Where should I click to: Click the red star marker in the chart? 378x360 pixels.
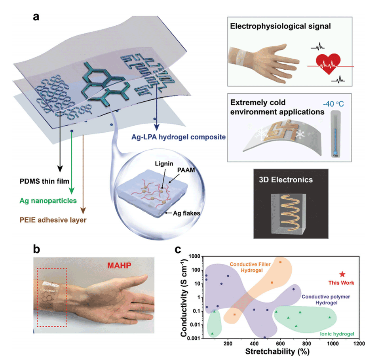342,274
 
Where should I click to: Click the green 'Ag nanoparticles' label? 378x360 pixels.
48,200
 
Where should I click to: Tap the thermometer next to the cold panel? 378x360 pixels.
336,134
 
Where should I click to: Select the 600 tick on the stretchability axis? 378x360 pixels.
280,343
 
